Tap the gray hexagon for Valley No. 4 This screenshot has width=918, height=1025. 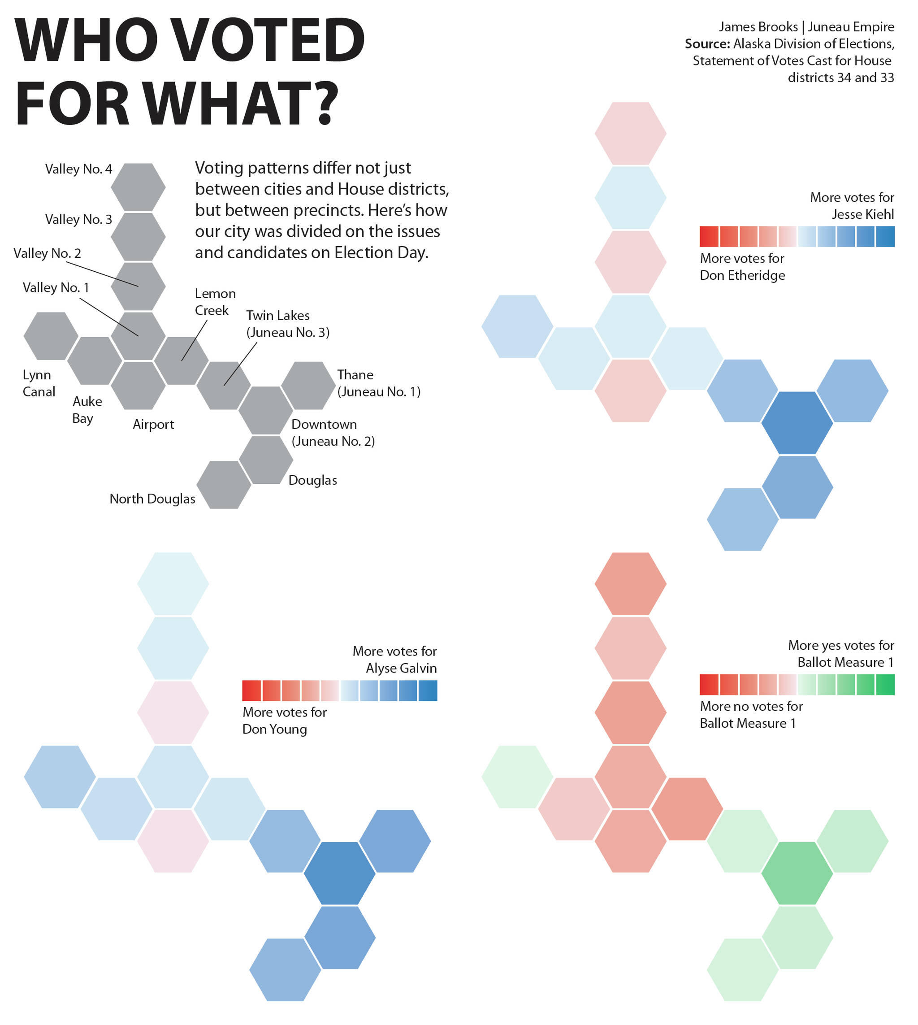(x=138, y=187)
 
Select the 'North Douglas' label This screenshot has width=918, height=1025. (x=152, y=499)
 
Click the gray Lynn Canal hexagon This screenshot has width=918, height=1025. (x=51, y=336)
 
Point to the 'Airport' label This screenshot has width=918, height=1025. (x=153, y=424)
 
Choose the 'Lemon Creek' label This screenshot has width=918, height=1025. (x=215, y=302)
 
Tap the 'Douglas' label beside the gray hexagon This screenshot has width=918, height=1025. (x=313, y=480)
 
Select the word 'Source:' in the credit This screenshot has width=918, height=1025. (x=707, y=44)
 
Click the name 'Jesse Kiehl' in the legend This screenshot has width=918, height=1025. (x=862, y=214)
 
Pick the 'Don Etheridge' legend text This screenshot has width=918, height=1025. (x=742, y=275)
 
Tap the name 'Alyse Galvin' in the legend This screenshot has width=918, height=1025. (x=401, y=669)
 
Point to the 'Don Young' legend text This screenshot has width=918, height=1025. (x=274, y=730)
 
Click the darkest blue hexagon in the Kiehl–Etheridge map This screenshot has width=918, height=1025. (x=797, y=423)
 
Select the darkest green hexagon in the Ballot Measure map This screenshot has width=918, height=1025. (x=797, y=873)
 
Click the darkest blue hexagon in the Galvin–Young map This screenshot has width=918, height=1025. (x=339, y=873)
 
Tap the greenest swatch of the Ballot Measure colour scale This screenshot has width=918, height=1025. (x=885, y=685)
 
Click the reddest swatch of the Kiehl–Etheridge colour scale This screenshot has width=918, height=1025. (x=709, y=237)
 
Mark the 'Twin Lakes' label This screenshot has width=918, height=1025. (x=278, y=316)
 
